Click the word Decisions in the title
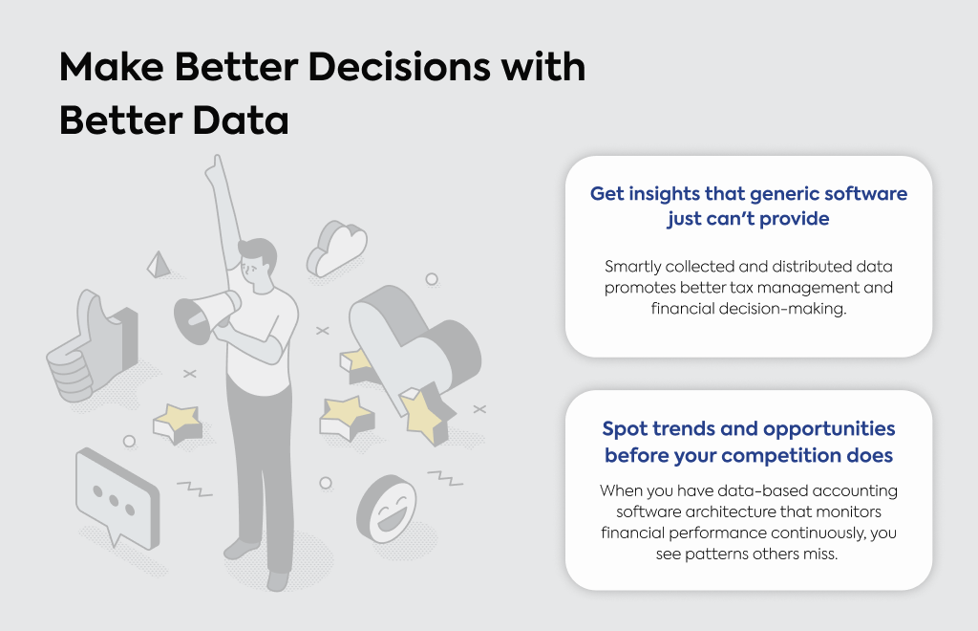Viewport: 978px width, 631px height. (x=399, y=66)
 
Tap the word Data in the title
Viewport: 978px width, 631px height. (x=240, y=120)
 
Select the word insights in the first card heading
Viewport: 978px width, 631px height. (x=664, y=194)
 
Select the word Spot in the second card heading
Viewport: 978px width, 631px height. (x=625, y=429)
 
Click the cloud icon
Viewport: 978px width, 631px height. (x=337, y=249)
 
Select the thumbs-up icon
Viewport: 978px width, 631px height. (x=92, y=346)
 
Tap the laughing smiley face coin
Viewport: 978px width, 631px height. (x=387, y=510)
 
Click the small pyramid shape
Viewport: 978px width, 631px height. (x=159, y=265)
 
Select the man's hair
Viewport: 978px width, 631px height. (x=260, y=250)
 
